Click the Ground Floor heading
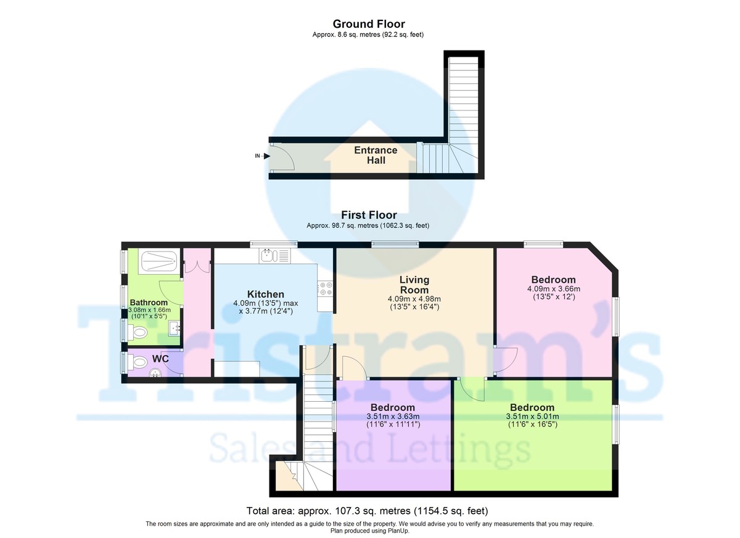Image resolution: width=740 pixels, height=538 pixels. click(x=369, y=24)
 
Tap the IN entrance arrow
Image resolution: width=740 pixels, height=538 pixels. click(x=266, y=156)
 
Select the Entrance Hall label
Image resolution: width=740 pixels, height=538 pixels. click(x=376, y=155)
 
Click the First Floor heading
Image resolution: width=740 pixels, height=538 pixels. click(x=369, y=215)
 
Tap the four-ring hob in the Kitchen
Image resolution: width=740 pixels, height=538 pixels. click(x=325, y=288)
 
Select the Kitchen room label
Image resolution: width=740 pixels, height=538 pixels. click(x=266, y=294)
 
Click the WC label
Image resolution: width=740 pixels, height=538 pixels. click(x=160, y=359)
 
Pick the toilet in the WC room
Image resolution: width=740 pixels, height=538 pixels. click(x=138, y=362)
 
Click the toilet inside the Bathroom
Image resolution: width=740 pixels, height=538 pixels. click(x=138, y=332)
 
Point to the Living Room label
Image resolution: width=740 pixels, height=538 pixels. click(x=414, y=285)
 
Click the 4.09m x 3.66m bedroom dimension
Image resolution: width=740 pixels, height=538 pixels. click(x=554, y=289)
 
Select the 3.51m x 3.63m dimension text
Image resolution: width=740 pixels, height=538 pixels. click(x=393, y=417)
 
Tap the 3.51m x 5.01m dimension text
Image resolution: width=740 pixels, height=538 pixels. click(x=533, y=417)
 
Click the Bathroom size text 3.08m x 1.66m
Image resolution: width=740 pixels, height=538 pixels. click(x=149, y=310)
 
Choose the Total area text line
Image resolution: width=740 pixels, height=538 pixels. click(x=368, y=511)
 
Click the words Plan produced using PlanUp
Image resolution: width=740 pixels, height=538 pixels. click(x=369, y=531)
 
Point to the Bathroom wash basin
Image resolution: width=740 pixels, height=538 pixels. click(x=175, y=328)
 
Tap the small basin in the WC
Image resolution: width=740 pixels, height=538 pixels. click(x=155, y=373)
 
